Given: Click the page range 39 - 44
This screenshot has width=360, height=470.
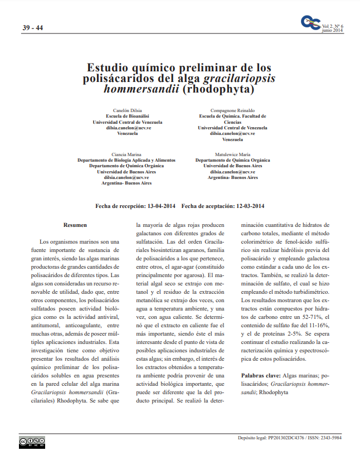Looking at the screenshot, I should pos(33,28).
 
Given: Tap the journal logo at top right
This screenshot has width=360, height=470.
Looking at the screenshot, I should pos(310,22).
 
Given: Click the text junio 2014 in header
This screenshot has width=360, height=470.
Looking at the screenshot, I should pos(333,31).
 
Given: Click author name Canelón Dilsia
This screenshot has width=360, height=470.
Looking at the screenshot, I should pos(128,110).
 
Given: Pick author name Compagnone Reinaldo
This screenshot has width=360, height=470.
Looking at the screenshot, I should pos(232,110).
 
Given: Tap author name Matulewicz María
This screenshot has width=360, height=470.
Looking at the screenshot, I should pos(232,154).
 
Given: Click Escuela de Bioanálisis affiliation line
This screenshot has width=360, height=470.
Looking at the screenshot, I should pos(128,116).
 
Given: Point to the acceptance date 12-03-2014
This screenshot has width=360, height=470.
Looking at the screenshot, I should pos(250,206).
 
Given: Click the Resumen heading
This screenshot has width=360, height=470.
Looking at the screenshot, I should pos(75,225).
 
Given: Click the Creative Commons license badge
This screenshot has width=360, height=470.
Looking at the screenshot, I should pos(32,442).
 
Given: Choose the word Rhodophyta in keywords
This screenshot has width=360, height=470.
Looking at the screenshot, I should pos(274,393).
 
